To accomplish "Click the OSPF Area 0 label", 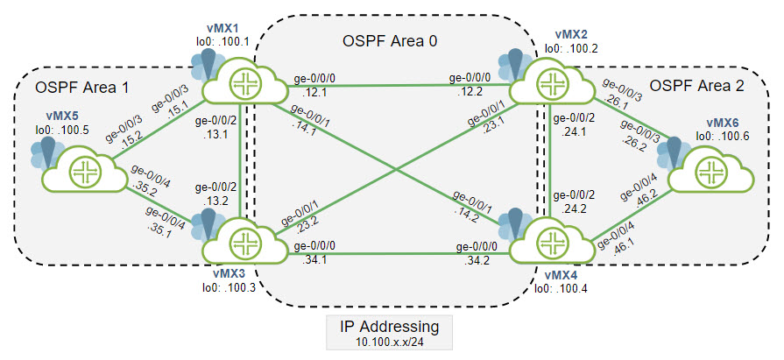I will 388,40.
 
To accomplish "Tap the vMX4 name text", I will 559,275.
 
